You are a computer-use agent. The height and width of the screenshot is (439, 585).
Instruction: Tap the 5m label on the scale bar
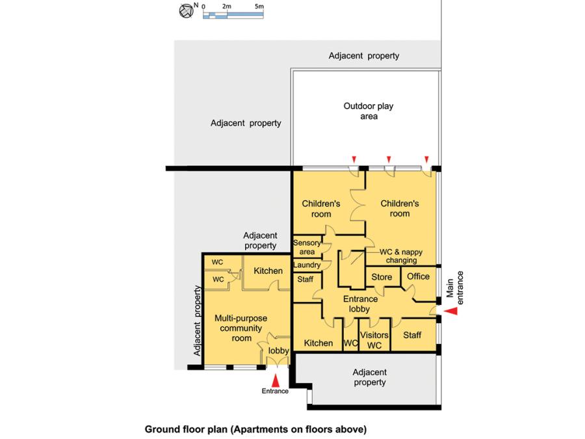(259, 7)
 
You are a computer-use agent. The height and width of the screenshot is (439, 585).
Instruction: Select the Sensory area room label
(306, 246)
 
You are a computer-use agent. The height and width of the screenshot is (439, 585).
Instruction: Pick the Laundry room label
(307, 265)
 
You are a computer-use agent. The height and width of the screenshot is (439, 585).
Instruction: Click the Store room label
(382, 277)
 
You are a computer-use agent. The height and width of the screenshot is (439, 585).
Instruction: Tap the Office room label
(418, 276)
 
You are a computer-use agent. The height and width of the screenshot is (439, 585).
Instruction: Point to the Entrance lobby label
(356, 304)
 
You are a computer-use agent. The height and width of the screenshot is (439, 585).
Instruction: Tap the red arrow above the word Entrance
(276, 380)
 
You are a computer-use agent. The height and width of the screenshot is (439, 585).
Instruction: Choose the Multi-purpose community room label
(241, 328)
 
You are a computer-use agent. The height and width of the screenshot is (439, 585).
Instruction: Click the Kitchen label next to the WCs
(268, 271)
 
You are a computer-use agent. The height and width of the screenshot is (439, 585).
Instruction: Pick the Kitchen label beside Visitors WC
(318, 343)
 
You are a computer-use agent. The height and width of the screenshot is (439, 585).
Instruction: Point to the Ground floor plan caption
(255, 429)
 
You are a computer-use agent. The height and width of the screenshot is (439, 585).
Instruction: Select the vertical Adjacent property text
(198, 321)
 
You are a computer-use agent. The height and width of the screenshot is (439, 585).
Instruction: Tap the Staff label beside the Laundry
(305, 280)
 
